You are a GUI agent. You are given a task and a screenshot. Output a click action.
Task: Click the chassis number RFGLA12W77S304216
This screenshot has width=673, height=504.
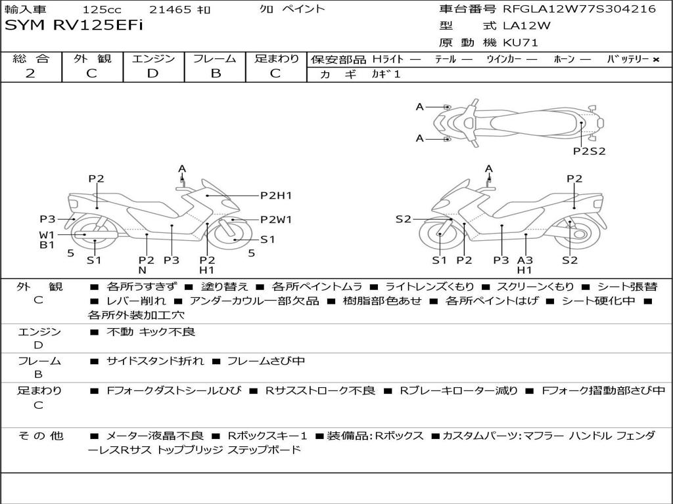[579, 9]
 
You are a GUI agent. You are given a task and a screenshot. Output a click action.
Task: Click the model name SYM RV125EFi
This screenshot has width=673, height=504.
[74, 26]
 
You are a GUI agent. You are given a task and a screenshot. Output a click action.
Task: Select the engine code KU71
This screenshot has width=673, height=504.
[521, 43]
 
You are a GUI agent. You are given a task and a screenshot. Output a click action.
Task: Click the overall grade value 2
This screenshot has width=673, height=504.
[30, 73]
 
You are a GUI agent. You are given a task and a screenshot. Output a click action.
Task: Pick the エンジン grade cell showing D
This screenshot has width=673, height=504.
[152, 73]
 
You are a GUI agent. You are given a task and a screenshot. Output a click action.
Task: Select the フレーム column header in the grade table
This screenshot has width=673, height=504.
[215, 59]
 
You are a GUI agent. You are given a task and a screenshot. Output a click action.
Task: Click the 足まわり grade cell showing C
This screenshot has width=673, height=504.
[275, 73]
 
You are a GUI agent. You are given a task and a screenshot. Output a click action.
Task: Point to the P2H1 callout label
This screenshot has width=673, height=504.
[276, 195]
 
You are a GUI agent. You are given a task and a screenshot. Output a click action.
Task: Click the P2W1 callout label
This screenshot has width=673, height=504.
[276, 220]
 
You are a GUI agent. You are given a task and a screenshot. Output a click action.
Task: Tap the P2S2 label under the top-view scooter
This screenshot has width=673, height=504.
[589, 151]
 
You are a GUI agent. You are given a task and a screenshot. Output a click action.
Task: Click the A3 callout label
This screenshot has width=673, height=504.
[524, 260]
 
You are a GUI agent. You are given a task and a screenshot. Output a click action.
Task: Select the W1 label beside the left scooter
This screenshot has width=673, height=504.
[47, 234]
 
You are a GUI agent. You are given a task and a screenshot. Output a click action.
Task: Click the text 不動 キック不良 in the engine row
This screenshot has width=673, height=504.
[151, 332]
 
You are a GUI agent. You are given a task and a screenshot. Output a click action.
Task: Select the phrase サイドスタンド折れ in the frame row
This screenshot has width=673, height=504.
[155, 361]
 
